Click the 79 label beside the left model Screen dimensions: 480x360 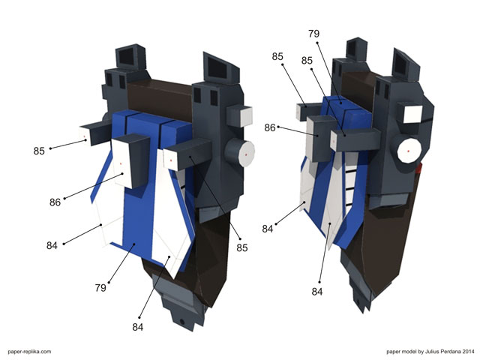[x=100, y=288]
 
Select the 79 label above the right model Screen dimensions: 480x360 [x=313, y=34]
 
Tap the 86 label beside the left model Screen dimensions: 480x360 [x=55, y=202]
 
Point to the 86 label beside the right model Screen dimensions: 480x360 [x=270, y=127]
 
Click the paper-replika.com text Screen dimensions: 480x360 [x=29, y=352]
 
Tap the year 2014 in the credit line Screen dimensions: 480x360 [x=468, y=352]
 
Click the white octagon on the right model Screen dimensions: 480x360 [x=409, y=151]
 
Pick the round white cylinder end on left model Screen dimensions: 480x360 [x=246, y=154]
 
